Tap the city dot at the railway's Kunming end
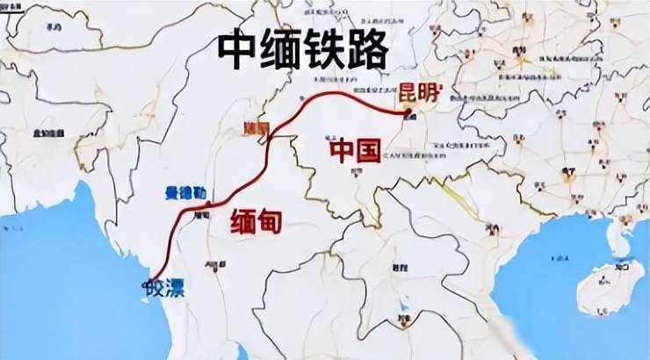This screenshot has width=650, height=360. (408, 112)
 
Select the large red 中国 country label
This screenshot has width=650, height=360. (355, 151)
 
